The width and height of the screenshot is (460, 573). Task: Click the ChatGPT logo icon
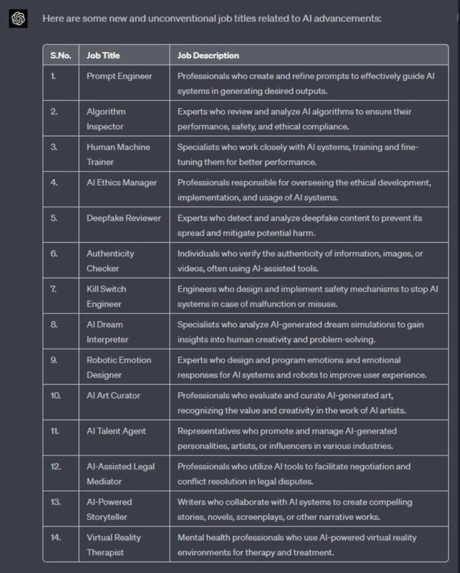click(18, 19)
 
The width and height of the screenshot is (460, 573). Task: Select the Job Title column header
click(103, 55)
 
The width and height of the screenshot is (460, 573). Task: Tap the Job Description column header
click(208, 55)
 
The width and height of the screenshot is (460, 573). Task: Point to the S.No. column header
click(60, 55)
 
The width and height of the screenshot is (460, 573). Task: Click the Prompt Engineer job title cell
click(119, 76)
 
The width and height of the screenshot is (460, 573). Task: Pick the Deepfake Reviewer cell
click(124, 218)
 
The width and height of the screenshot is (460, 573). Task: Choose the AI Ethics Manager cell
click(122, 182)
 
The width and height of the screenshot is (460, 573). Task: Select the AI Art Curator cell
click(113, 395)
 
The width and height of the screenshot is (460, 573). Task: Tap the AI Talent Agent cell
click(116, 431)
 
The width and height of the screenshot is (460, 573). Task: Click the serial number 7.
click(54, 289)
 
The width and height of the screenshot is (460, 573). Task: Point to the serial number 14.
click(56, 537)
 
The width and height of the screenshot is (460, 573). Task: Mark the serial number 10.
click(56, 395)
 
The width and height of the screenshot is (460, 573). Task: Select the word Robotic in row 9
click(101, 360)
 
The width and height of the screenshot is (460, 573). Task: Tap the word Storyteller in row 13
click(107, 517)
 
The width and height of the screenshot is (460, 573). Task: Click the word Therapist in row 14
click(105, 552)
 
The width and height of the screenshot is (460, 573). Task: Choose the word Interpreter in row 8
click(107, 340)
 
